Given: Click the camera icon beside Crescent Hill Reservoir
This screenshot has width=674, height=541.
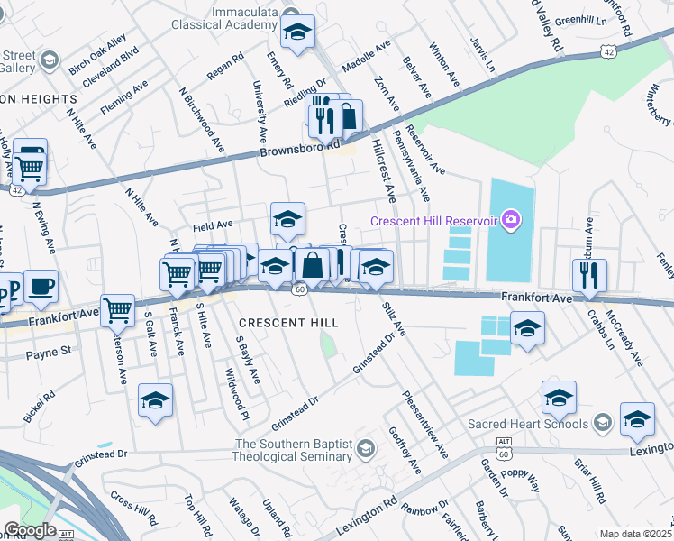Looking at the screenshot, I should coord(511,220).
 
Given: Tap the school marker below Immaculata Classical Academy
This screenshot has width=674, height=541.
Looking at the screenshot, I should coord(297,32).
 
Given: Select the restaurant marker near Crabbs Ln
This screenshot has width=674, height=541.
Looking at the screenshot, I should coord(589,274).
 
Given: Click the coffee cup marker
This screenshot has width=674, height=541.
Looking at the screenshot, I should coord(41,287).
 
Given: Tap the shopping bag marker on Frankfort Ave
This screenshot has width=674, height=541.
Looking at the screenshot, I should coord(313,265).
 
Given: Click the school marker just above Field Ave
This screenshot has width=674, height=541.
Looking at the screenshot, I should coord(287,218).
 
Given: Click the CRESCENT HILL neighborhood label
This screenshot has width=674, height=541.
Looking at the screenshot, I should coord(288,323).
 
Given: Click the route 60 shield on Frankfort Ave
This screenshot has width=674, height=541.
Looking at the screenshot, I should coord(300,288).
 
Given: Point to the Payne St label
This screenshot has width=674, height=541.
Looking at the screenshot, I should coord(49,355).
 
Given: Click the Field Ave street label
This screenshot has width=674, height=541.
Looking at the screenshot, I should coord(212,224).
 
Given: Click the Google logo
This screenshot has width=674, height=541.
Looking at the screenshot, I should coord(30,530).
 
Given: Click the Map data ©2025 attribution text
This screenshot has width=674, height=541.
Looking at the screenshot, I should coord(635,534).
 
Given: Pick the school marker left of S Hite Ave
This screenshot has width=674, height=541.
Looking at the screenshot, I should coord(155,400).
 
